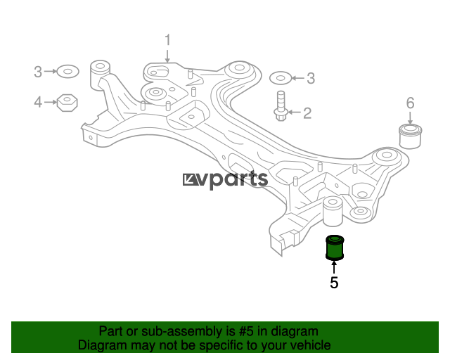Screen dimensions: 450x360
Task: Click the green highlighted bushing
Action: pos(335,247)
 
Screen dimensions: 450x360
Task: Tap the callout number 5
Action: pos(334,283)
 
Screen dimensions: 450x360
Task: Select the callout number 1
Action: pos(167,40)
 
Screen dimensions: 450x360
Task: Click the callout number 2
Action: pos(307,113)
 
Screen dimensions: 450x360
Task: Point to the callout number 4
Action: pos(38,102)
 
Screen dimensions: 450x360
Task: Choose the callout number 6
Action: pos(411,103)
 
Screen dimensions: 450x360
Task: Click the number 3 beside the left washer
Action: pos(38,72)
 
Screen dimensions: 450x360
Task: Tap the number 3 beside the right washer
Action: pos(311,78)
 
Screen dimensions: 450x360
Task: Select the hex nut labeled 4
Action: pos(67,103)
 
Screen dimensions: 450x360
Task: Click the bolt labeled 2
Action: pos(281,106)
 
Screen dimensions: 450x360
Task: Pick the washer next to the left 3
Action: pos(67,71)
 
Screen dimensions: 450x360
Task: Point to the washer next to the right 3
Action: pos(281,78)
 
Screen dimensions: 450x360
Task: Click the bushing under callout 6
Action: pos(411,136)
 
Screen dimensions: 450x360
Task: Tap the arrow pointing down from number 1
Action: pos(167,56)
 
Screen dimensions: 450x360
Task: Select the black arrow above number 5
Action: pos(334,266)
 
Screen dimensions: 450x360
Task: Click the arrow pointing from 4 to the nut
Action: pos(51,102)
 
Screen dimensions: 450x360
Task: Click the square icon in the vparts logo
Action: pos(189,179)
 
